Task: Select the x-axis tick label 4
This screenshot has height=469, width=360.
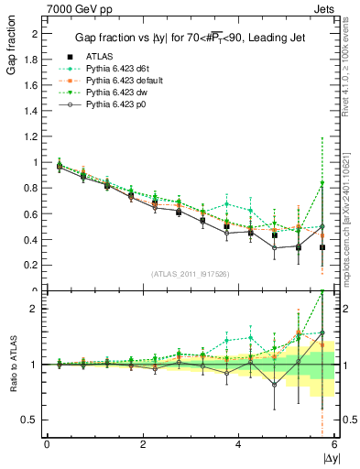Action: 238,444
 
